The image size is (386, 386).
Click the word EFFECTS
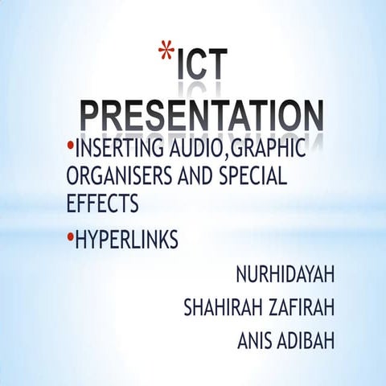pyautogui.click(x=102, y=203)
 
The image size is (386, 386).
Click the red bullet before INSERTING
pyautogui.click(x=70, y=147)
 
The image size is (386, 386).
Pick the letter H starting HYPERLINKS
pyautogui.click(x=80, y=240)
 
